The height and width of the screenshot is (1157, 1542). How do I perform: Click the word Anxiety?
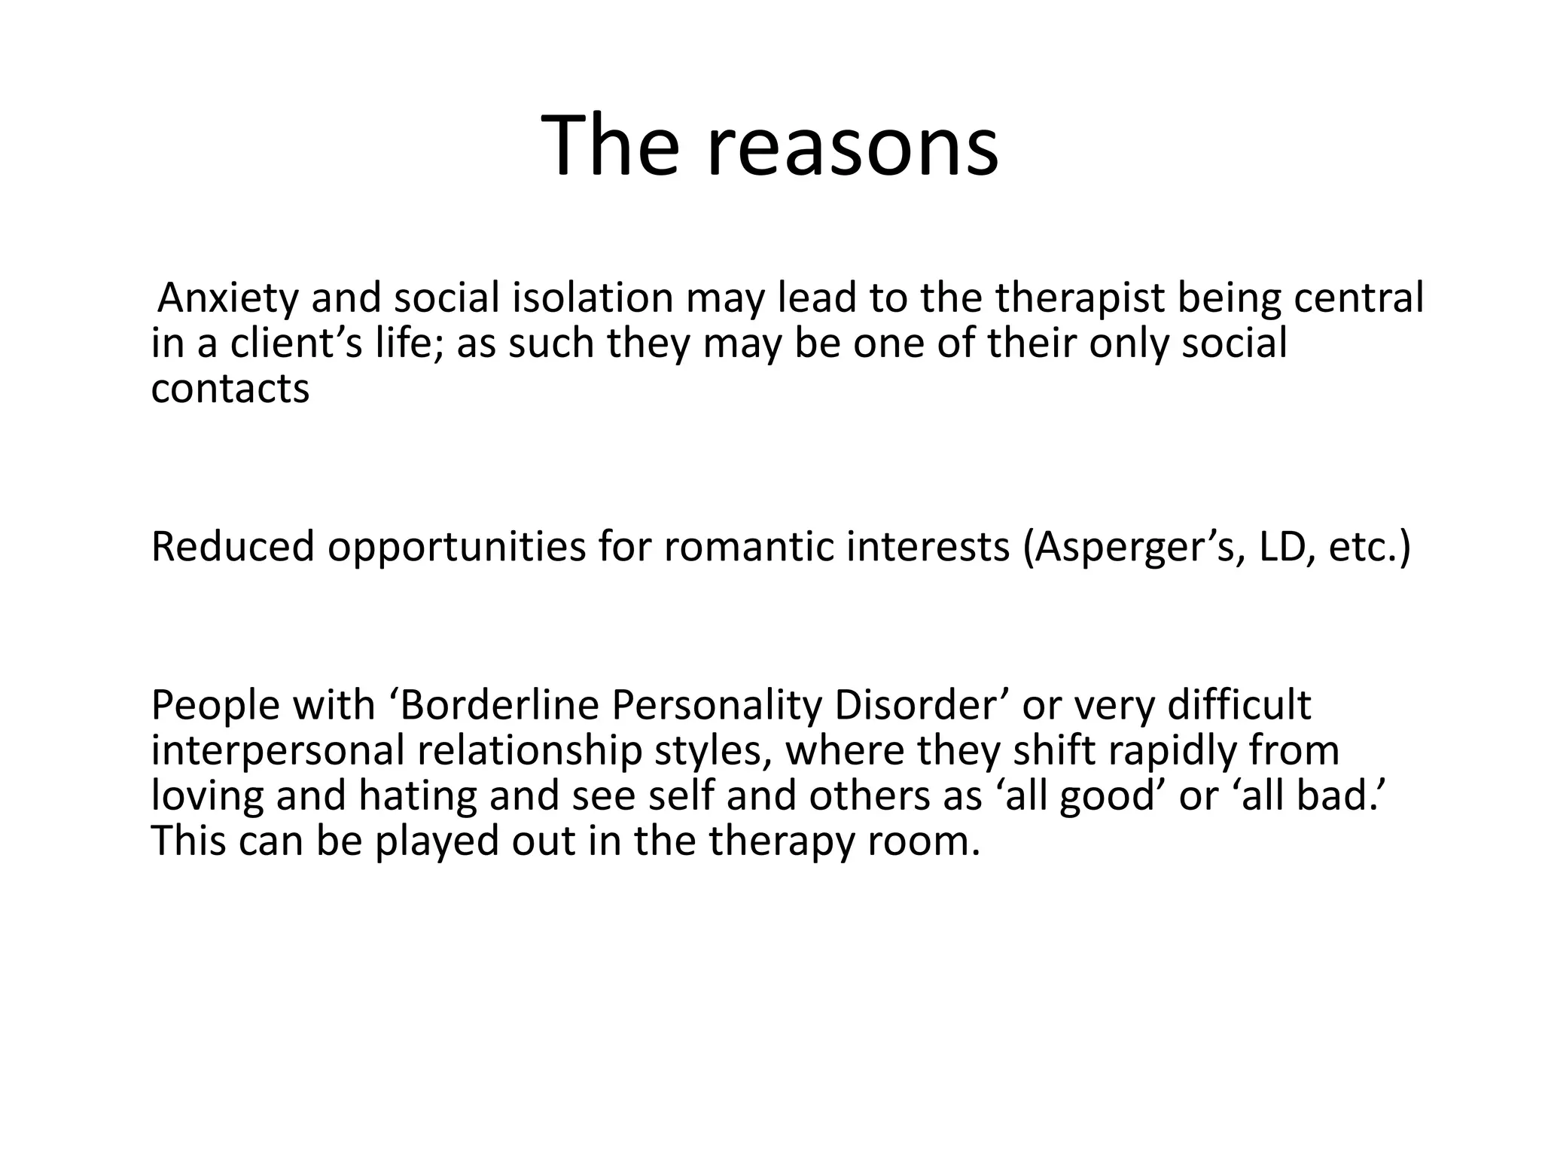[229, 298]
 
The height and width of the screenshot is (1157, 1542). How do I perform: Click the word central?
[1359, 298]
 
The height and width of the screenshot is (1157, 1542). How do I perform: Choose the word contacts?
[230, 389]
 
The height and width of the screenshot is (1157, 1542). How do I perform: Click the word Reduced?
[233, 547]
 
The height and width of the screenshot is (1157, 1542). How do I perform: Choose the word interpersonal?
[278, 752]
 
